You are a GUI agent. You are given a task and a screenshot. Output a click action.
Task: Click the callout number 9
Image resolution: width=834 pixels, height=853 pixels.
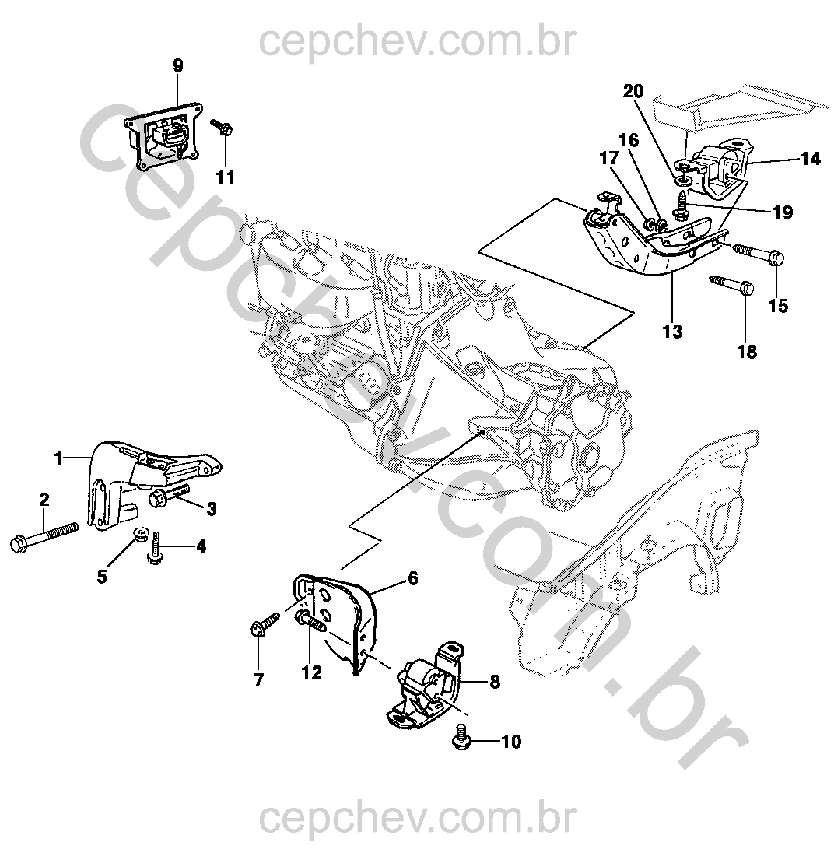click(178, 65)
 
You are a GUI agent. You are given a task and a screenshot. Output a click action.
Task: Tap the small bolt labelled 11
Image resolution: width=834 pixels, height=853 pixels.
click(223, 129)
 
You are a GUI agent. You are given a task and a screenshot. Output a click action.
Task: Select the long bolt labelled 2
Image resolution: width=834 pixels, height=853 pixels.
click(44, 537)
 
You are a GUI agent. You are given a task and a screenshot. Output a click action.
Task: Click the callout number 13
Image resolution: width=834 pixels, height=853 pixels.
click(672, 332)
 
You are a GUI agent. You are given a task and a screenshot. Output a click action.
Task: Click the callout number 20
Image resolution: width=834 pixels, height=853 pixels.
click(633, 91)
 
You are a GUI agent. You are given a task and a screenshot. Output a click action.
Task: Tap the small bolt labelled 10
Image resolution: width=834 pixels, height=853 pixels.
click(461, 736)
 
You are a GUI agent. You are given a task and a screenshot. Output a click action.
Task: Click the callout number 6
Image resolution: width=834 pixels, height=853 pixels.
click(412, 578)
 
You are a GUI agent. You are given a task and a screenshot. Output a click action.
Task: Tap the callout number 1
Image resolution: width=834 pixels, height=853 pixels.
click(58, 458)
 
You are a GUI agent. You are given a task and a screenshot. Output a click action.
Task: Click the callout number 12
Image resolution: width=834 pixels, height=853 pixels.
click(310, 672)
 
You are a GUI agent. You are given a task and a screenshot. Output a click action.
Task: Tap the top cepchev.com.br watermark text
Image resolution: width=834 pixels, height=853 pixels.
click(416, 40)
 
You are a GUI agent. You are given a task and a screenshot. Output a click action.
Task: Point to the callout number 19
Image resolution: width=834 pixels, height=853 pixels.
click(782, 212)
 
